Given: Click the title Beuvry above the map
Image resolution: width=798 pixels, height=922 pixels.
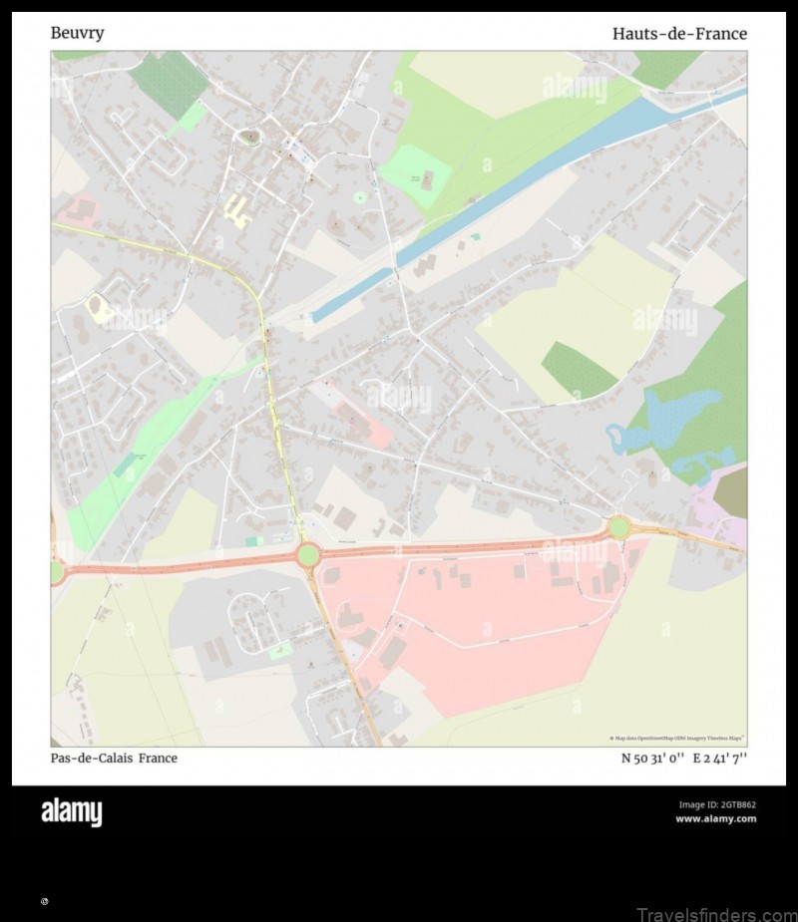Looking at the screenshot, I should (77, 33).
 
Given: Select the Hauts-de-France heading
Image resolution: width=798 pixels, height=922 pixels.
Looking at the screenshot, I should (679, 34).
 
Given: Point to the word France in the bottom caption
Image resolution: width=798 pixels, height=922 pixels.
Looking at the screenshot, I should (159, 758).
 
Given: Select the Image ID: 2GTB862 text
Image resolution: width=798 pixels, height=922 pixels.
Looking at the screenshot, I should (716, 804).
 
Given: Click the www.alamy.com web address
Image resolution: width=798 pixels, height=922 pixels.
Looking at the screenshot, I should (715, 818).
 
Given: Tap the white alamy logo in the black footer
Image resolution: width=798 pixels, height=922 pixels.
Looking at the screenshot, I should (71, 813).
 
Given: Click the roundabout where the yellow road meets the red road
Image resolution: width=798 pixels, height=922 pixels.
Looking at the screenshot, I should (307, 554).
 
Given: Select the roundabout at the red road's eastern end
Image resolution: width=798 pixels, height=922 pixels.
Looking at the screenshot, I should (618, 526).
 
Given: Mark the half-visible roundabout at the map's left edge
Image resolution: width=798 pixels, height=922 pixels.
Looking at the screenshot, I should (56, 571).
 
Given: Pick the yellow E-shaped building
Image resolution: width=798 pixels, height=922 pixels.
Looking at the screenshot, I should (236, 210).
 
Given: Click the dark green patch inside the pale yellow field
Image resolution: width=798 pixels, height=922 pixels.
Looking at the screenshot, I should (577, 370).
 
